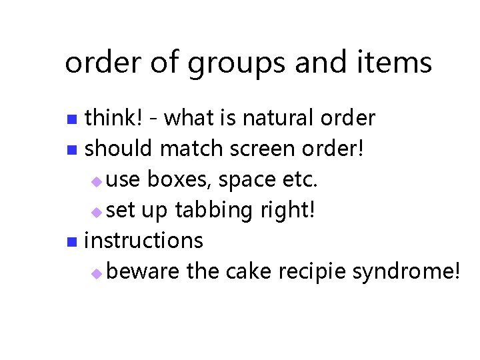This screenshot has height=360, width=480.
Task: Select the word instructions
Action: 144,241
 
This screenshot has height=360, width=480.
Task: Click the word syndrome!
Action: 406,272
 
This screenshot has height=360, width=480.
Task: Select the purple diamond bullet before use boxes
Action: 97,181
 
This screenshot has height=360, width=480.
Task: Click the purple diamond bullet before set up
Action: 97,212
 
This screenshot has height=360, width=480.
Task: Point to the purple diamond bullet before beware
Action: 97,273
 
